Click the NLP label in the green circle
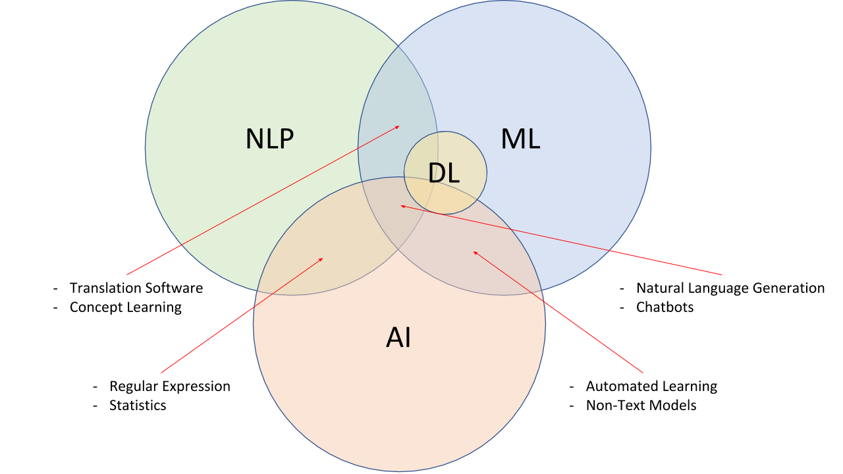pyautogui.click(x=269, y=139)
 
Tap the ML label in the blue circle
pyautogui.click(x=520, y=139)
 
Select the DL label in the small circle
pyautogui.click(x=444, y=173)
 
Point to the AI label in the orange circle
pyautogui.click(x=398, y=338)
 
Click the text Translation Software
pyautogui.click(x=136, y=288)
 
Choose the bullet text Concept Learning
pyautogui.click(x=126, y=307)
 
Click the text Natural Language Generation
pyautogui.click(x=730, y=288)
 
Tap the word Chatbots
pyautogui.click(x=665, y=307)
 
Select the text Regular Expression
pyautogui.click(x=170, y=386)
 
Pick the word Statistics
pyautogui.click(x=138, y=406)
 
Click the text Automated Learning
pyautogui.click(x=651, y=386)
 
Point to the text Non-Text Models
pyautogui.click(x=641, y=406)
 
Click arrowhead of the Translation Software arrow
pyautogui.click(x=398, y=126)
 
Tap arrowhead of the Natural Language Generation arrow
pyautogui.click(x=402, y=206)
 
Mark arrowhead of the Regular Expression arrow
pyautogui.click(x=322, y=259)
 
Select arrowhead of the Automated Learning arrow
pyautogui.click(x=474, y=251)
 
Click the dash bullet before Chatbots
pyautogui.click(x=622, y=307)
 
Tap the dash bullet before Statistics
pyautogui.click(x=95, y=406)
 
